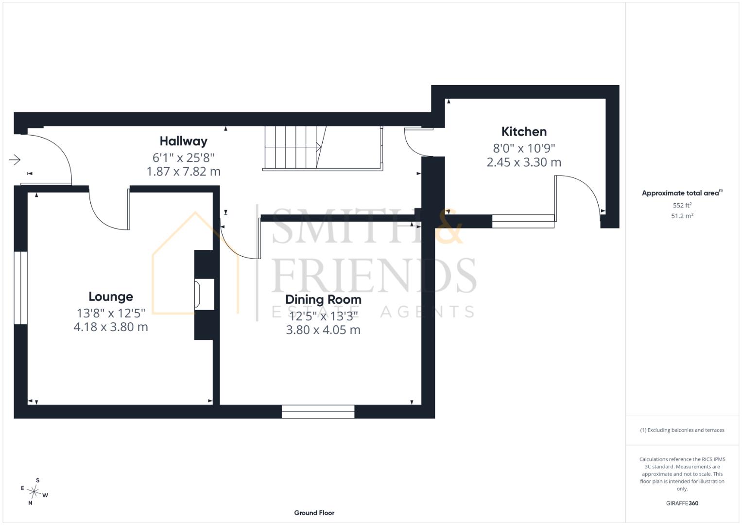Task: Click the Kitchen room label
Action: tap(524, 132)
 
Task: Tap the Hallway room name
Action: tap(184, 141)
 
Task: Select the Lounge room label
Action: tap(111, 297)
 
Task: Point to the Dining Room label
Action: tap(323, 299)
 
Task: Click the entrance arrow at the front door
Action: tap(15, 160)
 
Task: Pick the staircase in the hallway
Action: tap(323, 148)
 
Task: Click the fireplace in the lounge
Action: tap(204, 295)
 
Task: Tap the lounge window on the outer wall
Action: tap(20, 288)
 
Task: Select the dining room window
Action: tap(318, 412)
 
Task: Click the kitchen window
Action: tap(523, 221)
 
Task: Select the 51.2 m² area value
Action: tap(682, 216)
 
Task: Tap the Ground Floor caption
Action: tap(314, 513)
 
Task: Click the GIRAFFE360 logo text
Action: tap(682, 503)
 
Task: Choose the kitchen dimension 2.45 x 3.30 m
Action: tap(524, 162)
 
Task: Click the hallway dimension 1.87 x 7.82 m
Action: tap(184, 172)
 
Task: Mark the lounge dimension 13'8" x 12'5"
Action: tap(111, 313)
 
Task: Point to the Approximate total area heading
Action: tap(682, 193)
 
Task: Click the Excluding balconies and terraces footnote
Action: tap(682, 430)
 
